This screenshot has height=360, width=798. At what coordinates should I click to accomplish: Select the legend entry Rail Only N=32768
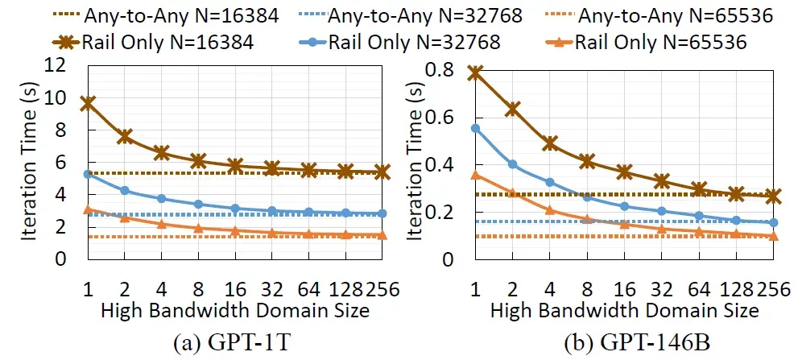[x=411, y=42]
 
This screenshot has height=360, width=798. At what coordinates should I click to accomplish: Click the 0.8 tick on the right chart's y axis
[x=443, y=70]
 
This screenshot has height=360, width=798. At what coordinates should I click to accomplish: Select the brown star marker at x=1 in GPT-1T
[x=87, y=103]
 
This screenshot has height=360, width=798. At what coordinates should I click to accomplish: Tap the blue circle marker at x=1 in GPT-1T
[x=87, y=174]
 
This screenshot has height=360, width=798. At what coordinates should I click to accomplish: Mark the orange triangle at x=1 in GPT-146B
[x=476, y=175]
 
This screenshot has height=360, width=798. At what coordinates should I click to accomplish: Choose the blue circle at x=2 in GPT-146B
[x=512, y=164]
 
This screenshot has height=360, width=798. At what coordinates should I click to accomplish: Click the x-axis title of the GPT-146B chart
[x=624, y=309]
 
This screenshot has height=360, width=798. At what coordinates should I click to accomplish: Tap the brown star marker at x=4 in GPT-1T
[x=161, y=153]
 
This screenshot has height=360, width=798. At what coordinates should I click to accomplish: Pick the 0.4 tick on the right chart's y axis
[x=443, y=165]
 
